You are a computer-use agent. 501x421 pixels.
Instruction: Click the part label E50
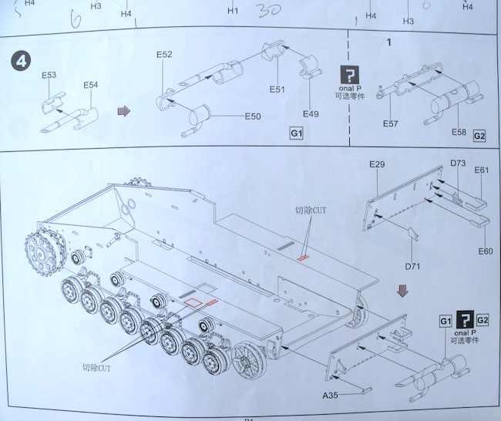tap(254, 116)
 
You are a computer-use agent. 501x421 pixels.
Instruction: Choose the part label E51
tap(277, 90)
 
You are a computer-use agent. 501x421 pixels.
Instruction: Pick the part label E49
tap(311, 114)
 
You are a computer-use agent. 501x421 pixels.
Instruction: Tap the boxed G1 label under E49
tap(297, 134)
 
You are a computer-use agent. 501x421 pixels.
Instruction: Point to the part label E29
tap(376, 164)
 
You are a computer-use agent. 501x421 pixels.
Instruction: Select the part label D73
tap(457, 164)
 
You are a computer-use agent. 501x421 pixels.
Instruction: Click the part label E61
tap(482, 170)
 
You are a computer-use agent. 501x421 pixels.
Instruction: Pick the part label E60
tap(485, 251)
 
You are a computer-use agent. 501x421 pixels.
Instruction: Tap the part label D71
tap(414, 266)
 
